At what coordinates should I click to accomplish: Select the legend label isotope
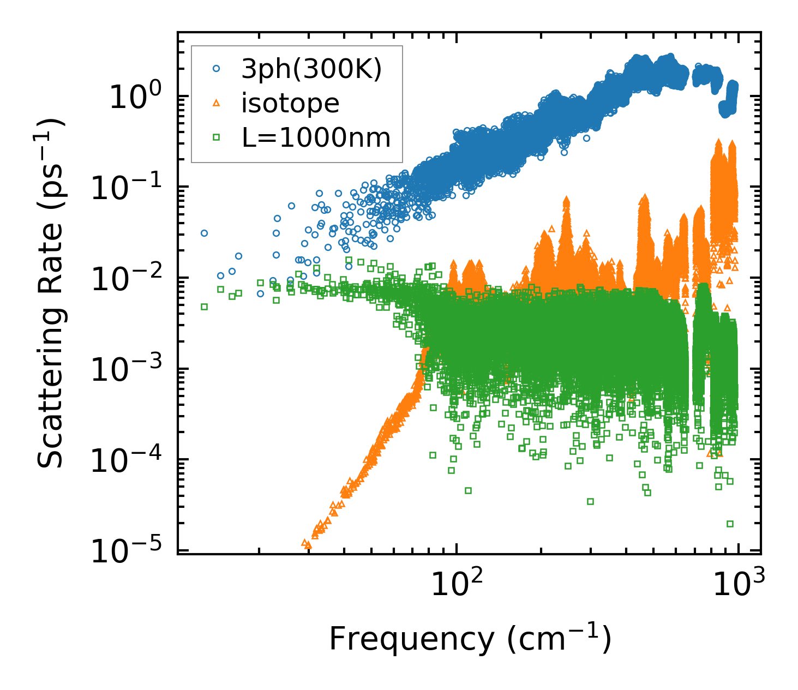point(290,103)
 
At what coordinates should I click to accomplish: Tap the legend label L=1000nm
point(316,137)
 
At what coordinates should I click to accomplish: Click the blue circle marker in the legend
point(217,69)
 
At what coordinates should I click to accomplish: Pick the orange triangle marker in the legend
point(217,103)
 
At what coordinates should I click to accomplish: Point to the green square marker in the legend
point(217,137)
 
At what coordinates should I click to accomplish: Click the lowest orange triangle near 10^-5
point(308,544)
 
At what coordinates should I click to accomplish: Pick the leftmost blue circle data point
point(205,233)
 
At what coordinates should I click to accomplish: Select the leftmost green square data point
point(205,307)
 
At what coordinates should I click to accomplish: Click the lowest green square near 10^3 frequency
point(730,524)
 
